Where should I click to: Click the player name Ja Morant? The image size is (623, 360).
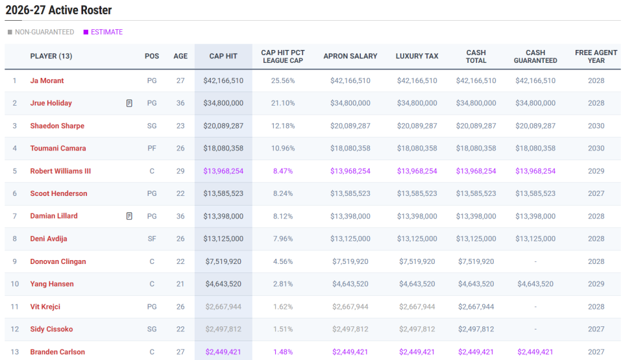point(47,80)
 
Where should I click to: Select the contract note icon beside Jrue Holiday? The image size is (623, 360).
point(129,103)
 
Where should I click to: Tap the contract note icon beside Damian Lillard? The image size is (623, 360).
point(129,216)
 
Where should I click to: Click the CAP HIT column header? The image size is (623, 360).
point(223,56)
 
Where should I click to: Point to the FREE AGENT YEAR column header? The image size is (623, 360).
point(596,56)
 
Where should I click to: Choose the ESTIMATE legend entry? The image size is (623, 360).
point(103,32)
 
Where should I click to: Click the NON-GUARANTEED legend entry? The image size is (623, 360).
point(41,32)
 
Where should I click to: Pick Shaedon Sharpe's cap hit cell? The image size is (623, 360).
point(223,126)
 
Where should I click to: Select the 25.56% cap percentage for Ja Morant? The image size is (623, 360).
point(283,80)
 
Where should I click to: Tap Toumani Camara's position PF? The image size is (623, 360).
point(152,149)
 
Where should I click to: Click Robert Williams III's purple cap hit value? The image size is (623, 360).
point(223,171)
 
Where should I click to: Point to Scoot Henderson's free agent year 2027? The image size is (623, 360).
point(596,194)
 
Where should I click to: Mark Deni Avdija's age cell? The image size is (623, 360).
point(180,239)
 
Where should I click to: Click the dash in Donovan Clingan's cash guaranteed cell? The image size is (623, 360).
point(535,262)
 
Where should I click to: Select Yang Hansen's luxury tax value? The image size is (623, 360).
point(417,284)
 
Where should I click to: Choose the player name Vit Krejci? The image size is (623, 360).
point(45,307)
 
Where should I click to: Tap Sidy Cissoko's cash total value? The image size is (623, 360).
point(476,330)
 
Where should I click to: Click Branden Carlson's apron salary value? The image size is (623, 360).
point(350,352)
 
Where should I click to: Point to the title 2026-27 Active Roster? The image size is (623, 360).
point(58,10)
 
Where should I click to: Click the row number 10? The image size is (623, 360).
point(15,284)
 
